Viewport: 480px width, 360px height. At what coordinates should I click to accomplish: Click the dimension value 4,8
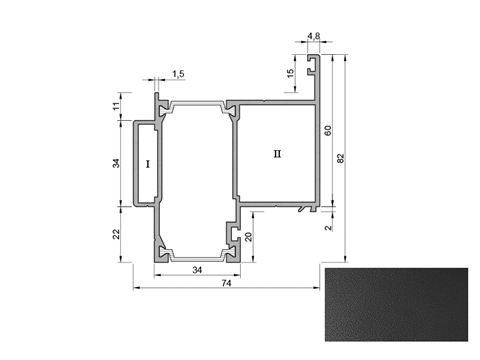click(313, 35)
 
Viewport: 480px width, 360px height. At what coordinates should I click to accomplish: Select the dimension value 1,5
click(178, 74)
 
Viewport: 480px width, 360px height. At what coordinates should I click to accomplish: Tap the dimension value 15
click(290, 73)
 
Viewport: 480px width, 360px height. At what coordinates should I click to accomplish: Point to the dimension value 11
click(116, 106)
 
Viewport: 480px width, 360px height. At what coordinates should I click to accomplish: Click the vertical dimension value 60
click(328, 130)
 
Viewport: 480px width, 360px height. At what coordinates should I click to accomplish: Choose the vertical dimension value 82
click(340, 158)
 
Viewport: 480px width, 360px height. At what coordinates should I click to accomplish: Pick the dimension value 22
click(116, 234)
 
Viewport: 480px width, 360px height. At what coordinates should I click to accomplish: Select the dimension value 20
click(248, 237)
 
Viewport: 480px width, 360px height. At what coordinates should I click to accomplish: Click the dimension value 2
click(328, 228)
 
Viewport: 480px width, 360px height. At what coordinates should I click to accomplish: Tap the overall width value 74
click(226, 283)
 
